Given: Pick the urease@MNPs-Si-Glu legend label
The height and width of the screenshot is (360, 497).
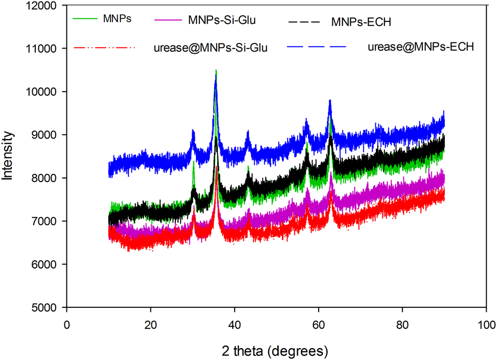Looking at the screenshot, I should point(210,48).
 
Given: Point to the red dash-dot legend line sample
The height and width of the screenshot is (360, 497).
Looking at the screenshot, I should point(105,47).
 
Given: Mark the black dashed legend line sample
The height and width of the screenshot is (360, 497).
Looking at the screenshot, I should point(304,21).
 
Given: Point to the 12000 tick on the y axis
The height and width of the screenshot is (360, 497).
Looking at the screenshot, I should point(43,6).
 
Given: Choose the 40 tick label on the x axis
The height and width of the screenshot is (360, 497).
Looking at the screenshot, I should point(235,325).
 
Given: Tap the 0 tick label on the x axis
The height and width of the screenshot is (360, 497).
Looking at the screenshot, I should point(66,325).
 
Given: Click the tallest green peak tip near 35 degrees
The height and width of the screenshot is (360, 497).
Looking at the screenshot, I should point(216,70).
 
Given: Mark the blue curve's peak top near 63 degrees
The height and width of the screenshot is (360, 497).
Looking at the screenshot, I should point(330,101).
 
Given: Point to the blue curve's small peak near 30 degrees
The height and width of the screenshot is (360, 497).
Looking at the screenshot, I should point(193,131).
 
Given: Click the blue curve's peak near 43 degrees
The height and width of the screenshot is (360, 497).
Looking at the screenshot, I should point(247,132).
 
